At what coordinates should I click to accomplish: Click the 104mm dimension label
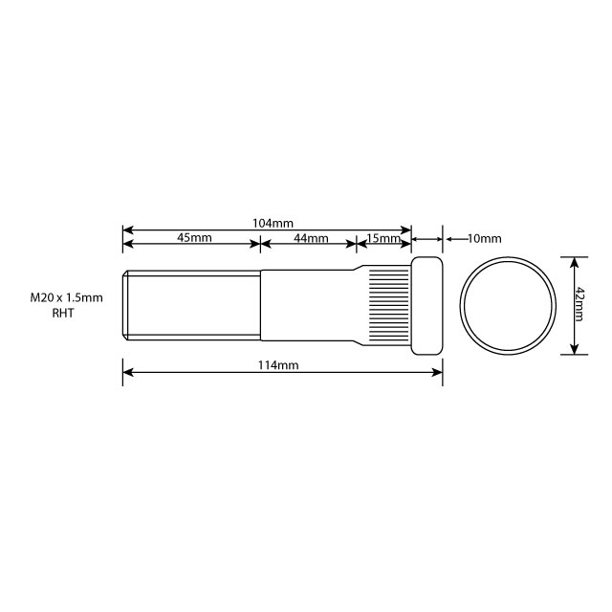[x=273, y=223]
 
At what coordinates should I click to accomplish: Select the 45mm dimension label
[x=194, y=238]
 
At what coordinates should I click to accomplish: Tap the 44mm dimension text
[x=311, y=238]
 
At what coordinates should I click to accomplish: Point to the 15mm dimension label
[x=382, y=238]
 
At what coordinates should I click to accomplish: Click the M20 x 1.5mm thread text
[x=66, y=298]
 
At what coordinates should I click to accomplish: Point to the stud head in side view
[x=427, y=304]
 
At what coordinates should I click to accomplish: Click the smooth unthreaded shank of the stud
[x=306, y=304]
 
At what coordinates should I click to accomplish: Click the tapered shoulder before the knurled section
[x=361, y=304]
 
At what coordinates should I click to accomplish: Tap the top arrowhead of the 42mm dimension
[x=574, y=260]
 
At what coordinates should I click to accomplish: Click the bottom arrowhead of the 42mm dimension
[x=574, y=350]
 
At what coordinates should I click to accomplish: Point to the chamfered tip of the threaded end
[x=125, y=304]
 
